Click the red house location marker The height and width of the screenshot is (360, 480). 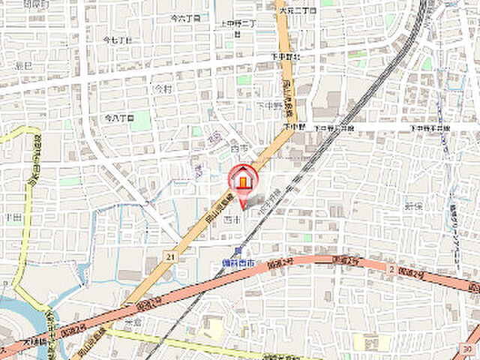pos(242,181)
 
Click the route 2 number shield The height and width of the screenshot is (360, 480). pos(391,268)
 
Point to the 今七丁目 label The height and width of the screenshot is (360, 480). pos(117,39)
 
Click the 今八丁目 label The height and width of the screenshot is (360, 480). pos(118,118)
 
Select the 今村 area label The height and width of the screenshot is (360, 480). pos(162,88)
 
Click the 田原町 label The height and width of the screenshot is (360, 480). pos(36,4)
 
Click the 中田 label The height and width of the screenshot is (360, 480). pos(10,217)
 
